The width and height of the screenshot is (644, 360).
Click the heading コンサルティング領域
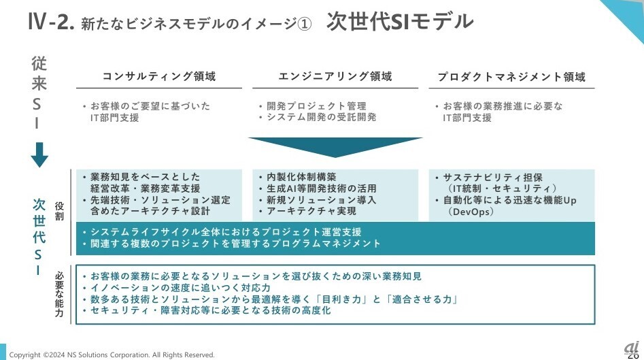[159, 77]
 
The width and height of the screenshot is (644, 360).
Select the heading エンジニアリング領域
[335, 77]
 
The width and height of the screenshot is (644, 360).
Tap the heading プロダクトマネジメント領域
[511, 77]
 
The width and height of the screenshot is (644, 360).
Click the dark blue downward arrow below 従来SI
[39, 154]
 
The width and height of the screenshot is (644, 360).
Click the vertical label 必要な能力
[60, 295]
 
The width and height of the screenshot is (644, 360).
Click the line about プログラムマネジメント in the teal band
[235, 244]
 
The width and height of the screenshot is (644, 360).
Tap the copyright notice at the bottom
[112, 355]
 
